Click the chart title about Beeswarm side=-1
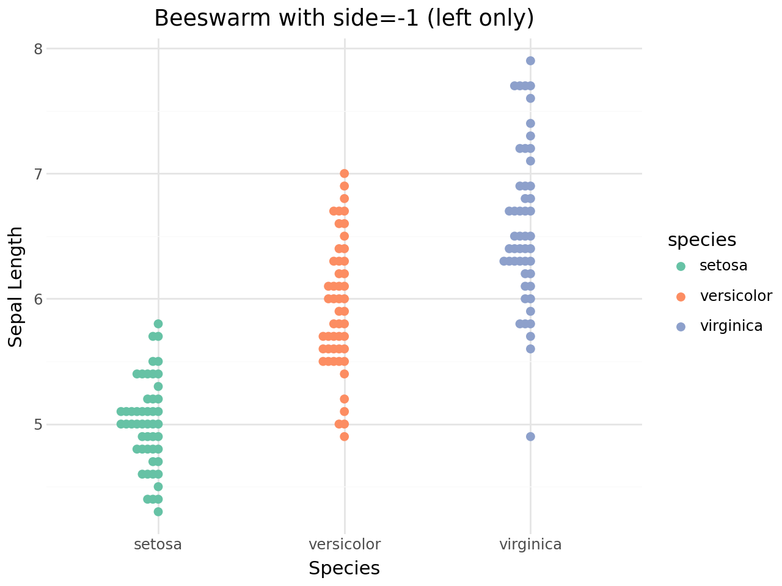344,18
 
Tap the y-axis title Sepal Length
16,287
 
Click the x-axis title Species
344,568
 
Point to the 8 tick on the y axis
38,49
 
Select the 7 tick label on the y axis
38,174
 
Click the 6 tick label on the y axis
38,299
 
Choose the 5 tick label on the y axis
38,424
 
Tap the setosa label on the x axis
158,544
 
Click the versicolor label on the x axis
344,544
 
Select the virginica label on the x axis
530,544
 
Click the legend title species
702,240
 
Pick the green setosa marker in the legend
681,266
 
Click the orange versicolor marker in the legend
681,297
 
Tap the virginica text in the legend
731,326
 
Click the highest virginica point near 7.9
530,60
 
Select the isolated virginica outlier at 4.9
530,436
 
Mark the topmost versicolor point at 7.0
344,173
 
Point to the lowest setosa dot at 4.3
158,512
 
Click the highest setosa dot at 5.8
158,324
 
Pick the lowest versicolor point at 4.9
344,436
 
